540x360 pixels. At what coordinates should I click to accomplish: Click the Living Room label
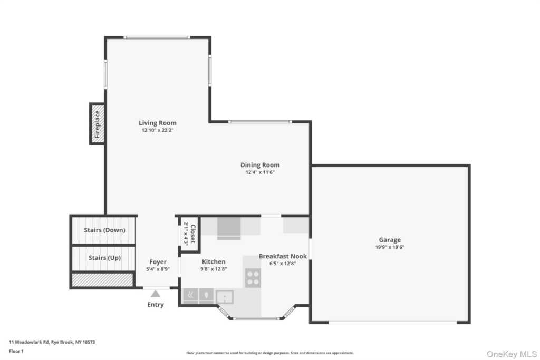pos(157,123)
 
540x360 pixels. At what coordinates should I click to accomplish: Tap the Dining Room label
pos(260,165)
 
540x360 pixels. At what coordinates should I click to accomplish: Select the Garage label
pos(390,240)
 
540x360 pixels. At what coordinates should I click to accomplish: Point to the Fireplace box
pos(97,124)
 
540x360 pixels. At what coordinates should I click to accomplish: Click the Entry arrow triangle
pos(156,294)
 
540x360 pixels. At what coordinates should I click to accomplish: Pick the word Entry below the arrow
pos(156,305)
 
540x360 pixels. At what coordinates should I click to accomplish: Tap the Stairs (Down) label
pos(105,230)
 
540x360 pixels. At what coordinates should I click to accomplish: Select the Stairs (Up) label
pos(105,258)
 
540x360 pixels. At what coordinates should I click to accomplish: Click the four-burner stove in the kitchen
pos(253,278)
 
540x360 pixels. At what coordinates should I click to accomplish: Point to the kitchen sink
pos(225,297)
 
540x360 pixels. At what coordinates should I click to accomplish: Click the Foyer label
pos(158,262)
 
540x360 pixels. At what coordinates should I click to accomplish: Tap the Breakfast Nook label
pos(283,256)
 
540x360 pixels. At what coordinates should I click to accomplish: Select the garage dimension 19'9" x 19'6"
pos(390,247)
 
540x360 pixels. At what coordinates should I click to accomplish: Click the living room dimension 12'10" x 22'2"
pos(157,130)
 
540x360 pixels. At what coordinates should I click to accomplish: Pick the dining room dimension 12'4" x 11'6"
pos(260,172)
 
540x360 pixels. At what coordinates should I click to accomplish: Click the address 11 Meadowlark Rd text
pos(30,342)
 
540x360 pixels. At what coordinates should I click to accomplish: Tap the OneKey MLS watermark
pos(512,354)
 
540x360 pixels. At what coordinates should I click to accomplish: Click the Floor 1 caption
pos(16,351)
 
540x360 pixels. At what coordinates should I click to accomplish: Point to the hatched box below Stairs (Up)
pos(102,280)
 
